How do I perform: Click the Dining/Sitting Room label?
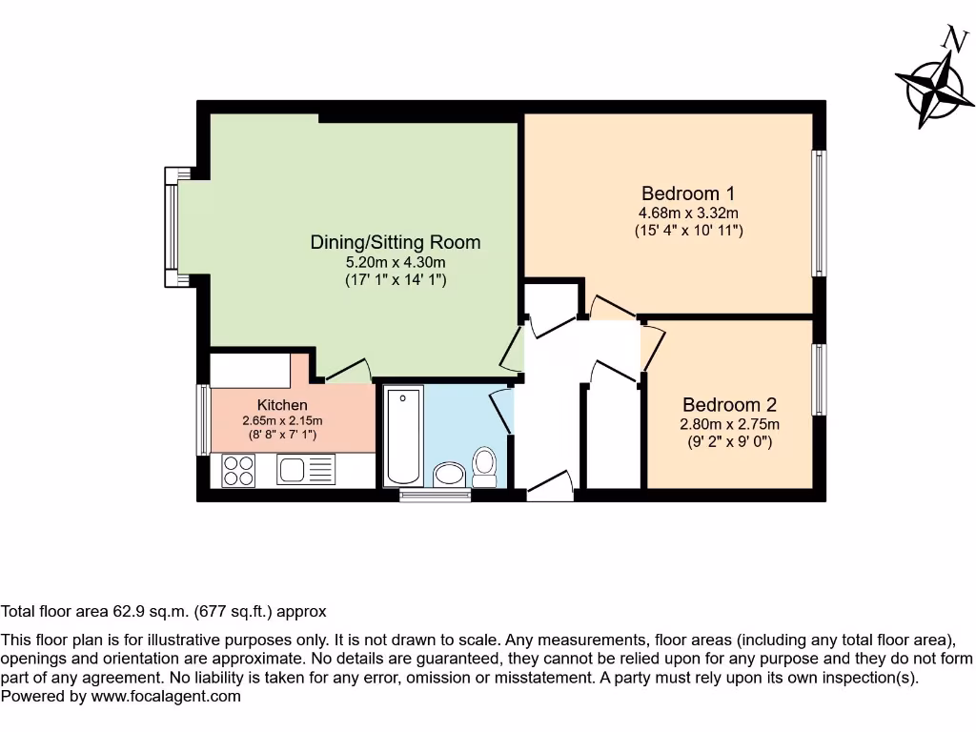pos(395,242)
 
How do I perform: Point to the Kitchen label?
pos(282,405)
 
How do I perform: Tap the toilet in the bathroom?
pos(485,468)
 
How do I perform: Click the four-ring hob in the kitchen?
pos(238,468)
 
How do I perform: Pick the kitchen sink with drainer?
pos(306,468)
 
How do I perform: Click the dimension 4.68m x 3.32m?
pos(688,213)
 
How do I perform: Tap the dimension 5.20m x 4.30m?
pos(395,262)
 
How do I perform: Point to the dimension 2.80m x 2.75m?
pos(729,424)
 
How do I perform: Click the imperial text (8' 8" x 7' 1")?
pos(282,435)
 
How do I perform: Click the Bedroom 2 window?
pos(819,378)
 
